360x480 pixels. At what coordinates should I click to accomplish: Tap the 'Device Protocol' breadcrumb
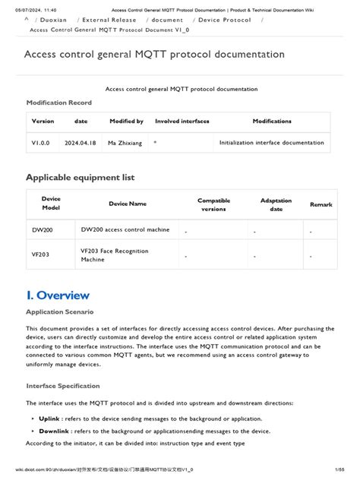pos(225,20)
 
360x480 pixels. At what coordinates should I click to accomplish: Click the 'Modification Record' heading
pos(58,103)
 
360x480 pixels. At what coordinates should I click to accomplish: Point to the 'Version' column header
pos(43,122)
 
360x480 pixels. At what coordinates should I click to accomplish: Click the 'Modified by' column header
pos(126,122)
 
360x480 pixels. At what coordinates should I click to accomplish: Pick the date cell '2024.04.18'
pos(81,142)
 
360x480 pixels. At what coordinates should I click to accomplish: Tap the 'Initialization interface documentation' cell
pos(272,142)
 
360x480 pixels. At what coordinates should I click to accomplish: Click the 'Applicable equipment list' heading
pos(80,177)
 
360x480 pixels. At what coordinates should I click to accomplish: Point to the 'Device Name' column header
pos(128,204)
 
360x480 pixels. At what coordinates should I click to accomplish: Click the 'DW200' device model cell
pos(43,229)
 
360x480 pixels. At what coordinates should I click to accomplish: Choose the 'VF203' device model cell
pos(42,255)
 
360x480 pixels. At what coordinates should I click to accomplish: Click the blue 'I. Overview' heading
pos(58,295)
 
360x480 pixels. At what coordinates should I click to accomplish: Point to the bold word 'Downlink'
pos(54,431)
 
